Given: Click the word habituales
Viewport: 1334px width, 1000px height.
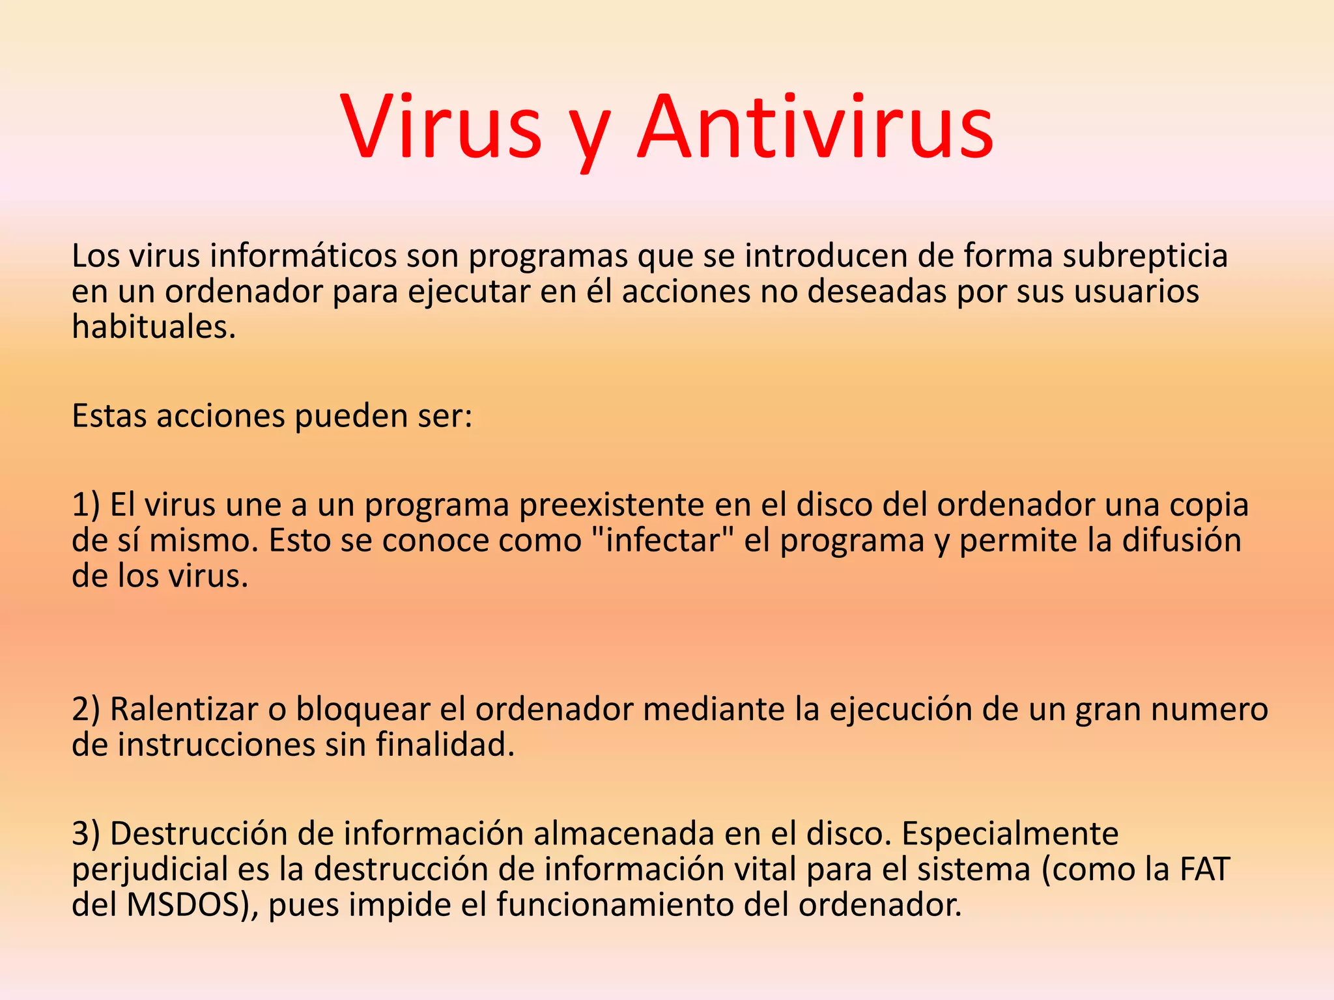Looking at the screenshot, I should [x=153, y=327].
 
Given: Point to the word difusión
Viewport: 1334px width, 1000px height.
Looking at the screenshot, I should [x=1182, y=540].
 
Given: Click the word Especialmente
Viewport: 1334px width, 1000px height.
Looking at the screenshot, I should [x=1010, y=834].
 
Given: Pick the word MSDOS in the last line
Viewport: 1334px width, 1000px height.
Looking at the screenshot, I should [x=188, y=905].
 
